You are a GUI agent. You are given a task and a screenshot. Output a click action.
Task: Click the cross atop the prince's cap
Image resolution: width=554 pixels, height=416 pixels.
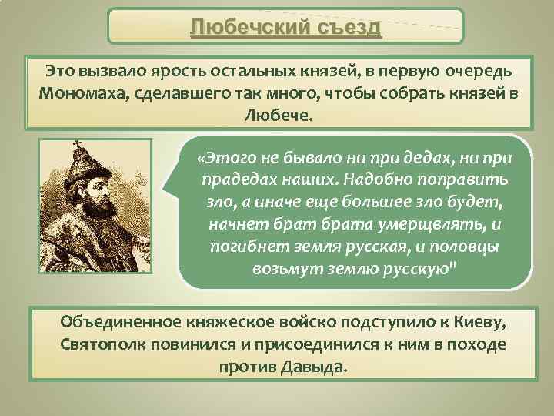76,145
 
